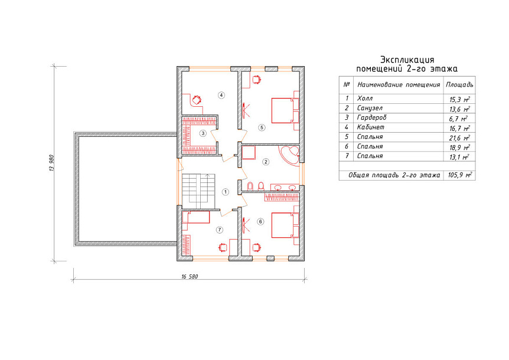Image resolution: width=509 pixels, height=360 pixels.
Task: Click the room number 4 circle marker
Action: pyautogui.click(x=221, y=95)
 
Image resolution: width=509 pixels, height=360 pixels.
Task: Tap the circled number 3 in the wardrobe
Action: pyautogui.click(x=203, y=133)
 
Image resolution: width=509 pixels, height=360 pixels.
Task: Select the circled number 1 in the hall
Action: pyautogui.click(x=226, y=192)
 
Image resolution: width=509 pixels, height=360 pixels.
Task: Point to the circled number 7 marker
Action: pyautogui.click(x=220, y=230)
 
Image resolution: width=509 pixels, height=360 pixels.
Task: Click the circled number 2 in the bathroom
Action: pyautogui.click(x=266, y=162)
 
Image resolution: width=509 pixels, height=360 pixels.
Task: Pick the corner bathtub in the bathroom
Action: pyautogui.click(x=289, y=156)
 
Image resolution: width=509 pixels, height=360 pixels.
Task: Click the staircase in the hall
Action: pyautogui.click(x=198, y=192)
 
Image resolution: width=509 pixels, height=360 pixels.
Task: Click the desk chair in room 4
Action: pyautogui.click(x=197, y=99)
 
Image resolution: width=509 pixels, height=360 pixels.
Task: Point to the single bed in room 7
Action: pyautogui.click(x=196, y=217)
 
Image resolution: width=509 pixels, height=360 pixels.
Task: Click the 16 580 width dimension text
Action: pyautogui.click(x=190, y=277)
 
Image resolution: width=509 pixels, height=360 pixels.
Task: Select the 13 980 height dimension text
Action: pyautogui.click(x=51, y=163)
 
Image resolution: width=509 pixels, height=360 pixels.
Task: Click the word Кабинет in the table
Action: pyautogui.click(x=370, y=127)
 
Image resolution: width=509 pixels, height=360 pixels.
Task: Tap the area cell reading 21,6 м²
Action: pyautogui.click(x=459, y=138)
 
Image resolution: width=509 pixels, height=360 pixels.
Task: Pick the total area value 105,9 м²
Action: pyautogui.click(x=459, y=175)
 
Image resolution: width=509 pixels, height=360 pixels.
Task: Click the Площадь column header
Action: pyautogui.click(x=459, y=84)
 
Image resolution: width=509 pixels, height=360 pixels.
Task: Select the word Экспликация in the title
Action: pyautogui.click(x=407, y=60)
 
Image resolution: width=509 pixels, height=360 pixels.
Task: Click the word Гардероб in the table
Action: pyautogui.click(x=371, y=117)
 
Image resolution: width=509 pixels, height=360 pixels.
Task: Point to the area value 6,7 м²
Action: pyautogui.click(x=458, y=119)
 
